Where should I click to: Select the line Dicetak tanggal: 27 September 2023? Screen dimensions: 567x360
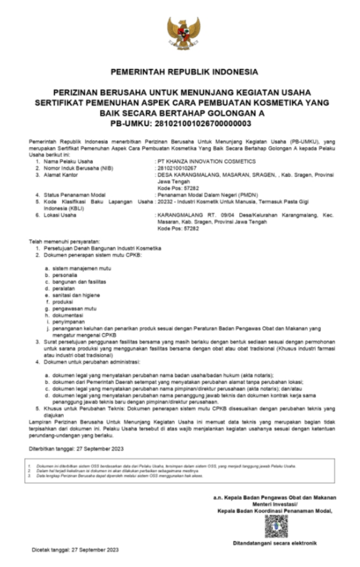pos(75,550)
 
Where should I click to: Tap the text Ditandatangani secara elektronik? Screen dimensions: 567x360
pos(275,543)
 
